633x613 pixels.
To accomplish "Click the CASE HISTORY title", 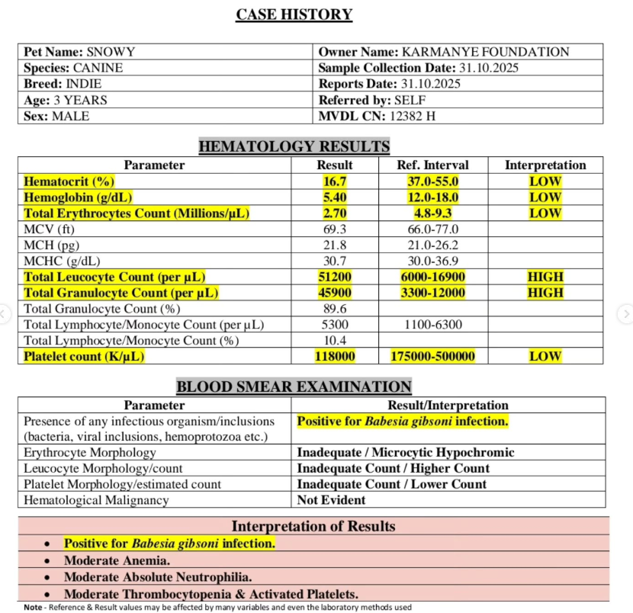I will (294, 14).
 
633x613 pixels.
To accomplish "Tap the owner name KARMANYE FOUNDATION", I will (484, 52).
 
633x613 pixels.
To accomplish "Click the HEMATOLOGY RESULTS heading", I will (294, 146).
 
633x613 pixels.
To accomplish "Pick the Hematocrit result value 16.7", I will (334, 181).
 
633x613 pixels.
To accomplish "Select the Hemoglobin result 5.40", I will (334, 197).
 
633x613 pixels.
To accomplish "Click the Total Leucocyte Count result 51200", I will (334, 277).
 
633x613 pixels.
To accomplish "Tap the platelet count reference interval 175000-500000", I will (432, 356).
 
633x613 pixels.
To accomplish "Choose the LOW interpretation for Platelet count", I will (545, 356).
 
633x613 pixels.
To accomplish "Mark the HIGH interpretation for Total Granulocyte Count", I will (545, 293).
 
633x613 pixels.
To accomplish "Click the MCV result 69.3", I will (334, 229).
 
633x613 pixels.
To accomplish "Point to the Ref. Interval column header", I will (432, 165).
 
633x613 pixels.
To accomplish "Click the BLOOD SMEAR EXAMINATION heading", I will (294, 387).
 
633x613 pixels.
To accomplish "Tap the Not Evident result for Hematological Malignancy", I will (331, 500).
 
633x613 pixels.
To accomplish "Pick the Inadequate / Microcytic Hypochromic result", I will (405, 453).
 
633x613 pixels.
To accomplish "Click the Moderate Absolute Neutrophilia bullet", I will (158, 577).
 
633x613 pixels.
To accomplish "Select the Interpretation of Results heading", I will (313, 526).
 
